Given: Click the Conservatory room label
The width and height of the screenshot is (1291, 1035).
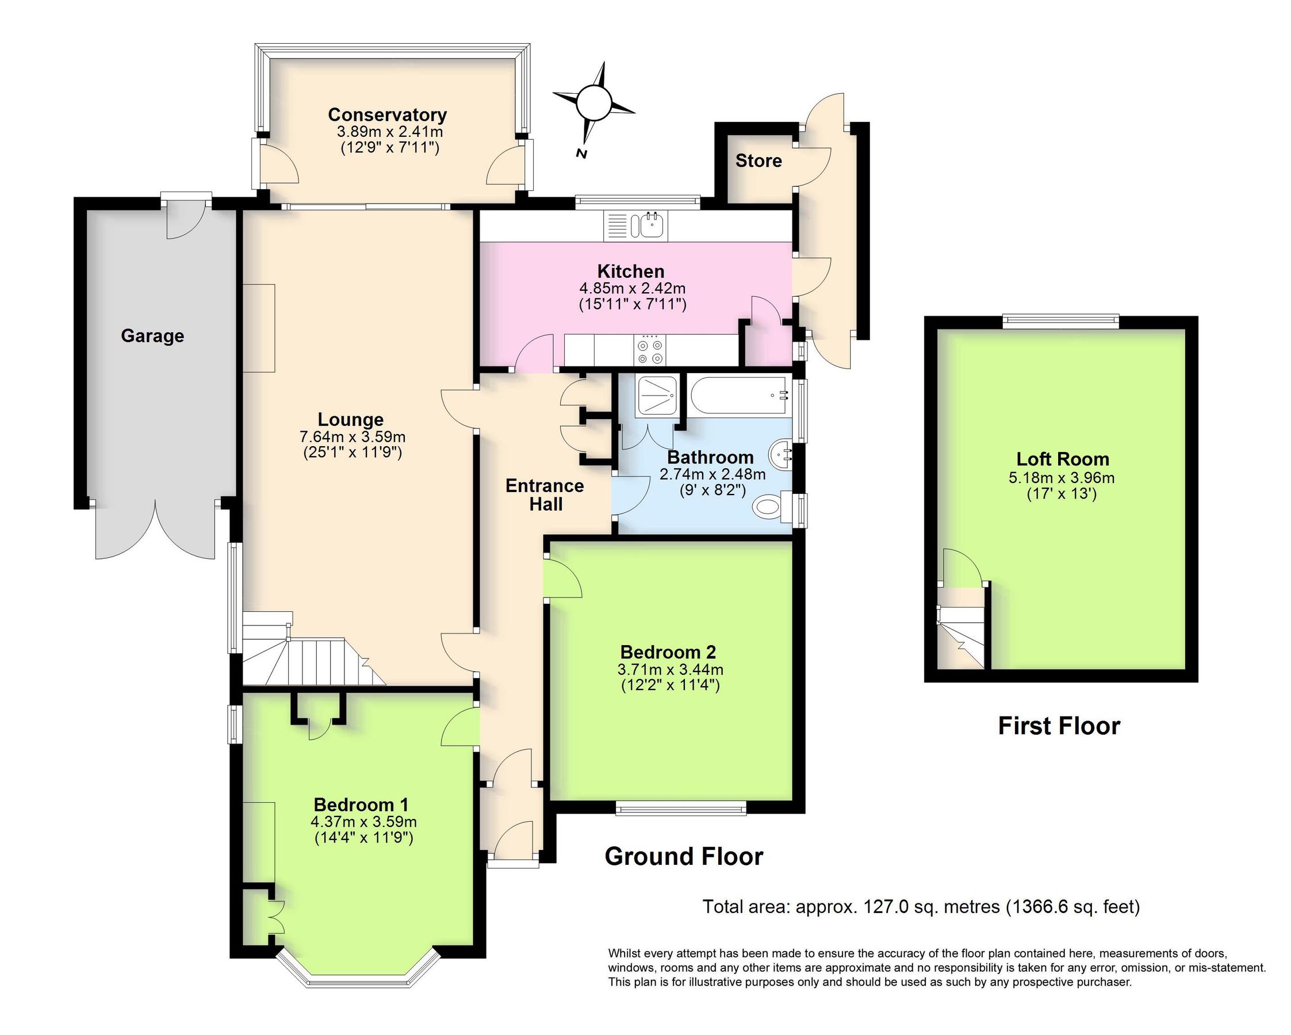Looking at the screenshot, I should pos(387,114).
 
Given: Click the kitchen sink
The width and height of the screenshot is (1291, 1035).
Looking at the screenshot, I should pos(651,225).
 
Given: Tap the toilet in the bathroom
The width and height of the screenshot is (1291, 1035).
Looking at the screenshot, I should pos(770,508).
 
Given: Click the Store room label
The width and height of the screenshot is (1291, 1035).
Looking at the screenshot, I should pos(758,160).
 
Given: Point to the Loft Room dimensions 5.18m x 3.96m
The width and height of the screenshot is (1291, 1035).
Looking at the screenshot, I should pos(1062,478).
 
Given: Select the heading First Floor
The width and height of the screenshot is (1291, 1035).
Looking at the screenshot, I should pos(1059,726).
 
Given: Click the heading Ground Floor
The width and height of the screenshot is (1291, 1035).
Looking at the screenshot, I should pos(684,857).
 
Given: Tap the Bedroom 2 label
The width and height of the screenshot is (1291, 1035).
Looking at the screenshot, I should pos(668,652).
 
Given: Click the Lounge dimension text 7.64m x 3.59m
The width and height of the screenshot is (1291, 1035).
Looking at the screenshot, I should pos(352,437).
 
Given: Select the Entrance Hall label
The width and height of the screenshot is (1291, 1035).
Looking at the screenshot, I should pos(545,494).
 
